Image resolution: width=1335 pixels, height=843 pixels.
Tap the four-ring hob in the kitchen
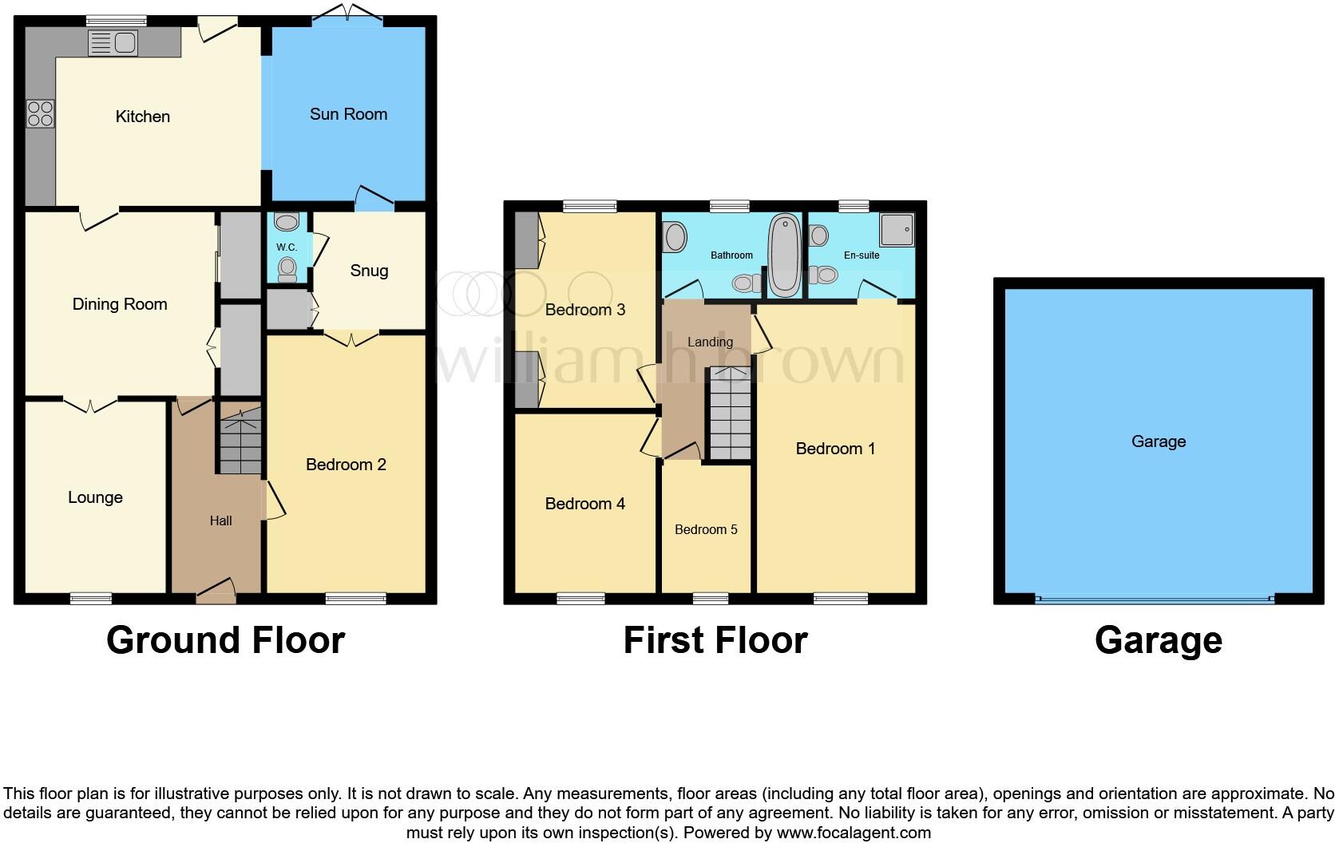point(40,113)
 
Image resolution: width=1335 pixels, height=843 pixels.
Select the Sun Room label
point(348,114)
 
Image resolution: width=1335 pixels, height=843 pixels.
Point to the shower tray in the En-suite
point(897,229)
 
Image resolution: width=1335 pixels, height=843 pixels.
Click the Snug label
point(369,271)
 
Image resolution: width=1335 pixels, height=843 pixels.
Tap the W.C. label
point(287,247)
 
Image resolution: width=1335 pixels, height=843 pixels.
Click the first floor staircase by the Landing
point(731,414)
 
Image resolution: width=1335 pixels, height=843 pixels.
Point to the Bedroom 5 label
point(706,529)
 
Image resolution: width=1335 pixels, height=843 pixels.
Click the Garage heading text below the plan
point(1158,640)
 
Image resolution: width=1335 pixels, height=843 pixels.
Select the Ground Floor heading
point(225,640)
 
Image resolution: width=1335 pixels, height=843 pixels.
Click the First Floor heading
point(715,640)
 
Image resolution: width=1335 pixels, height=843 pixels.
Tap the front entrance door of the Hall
point(216,589)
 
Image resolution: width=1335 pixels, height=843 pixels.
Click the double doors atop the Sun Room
point(348,14)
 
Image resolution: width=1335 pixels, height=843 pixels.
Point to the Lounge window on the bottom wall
point(90,598)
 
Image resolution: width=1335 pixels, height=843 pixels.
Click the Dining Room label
point(120,304)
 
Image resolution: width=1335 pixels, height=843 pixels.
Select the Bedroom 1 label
point(835,449)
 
